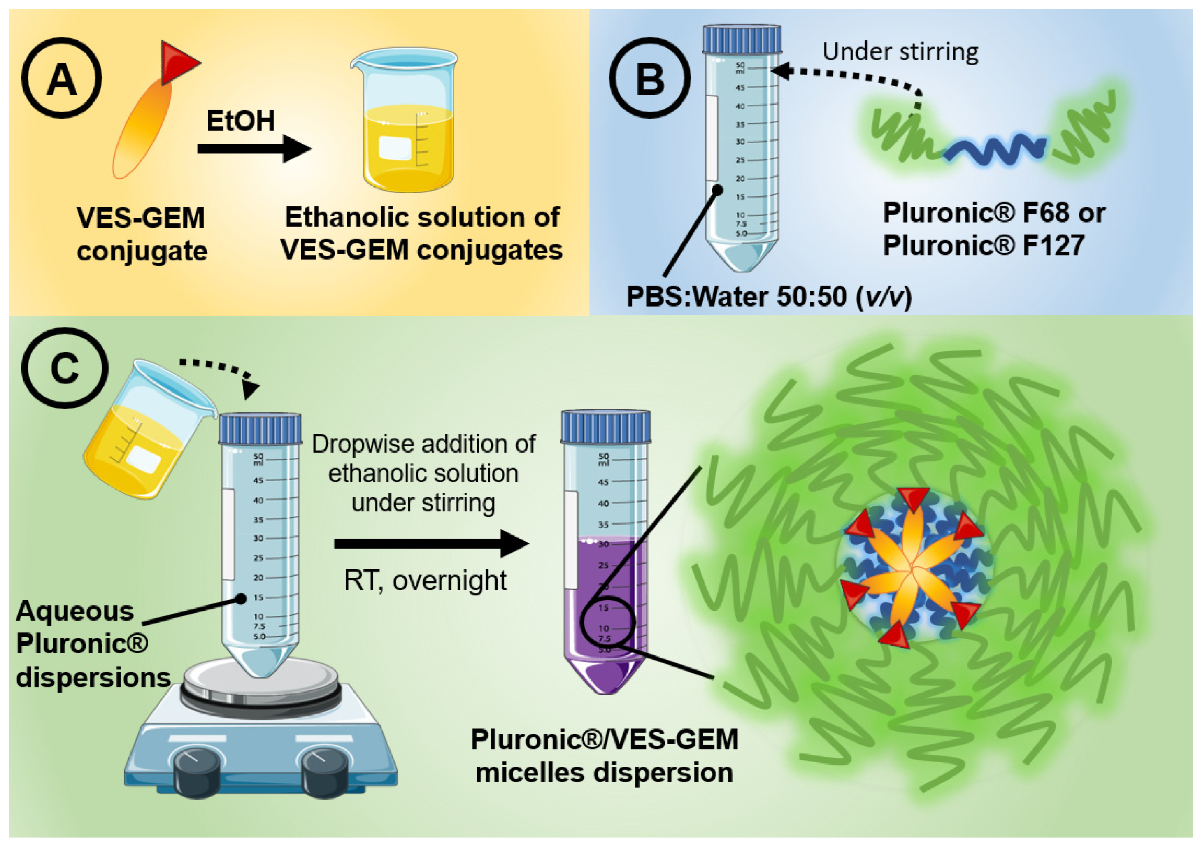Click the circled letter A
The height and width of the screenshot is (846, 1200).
coord(62,78)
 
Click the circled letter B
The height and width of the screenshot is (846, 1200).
coord(650,78)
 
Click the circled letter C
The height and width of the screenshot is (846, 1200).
coord(64,368)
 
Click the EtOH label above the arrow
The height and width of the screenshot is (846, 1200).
coord(240,121)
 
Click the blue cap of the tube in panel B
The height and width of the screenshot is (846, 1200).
coord(742,39)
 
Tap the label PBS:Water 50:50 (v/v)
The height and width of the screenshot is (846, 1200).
coord(769,297)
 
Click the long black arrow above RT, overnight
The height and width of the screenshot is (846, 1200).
coord(431,544)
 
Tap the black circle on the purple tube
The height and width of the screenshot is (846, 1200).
coord(608,622)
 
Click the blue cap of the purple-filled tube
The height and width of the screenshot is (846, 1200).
coord(606,426)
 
